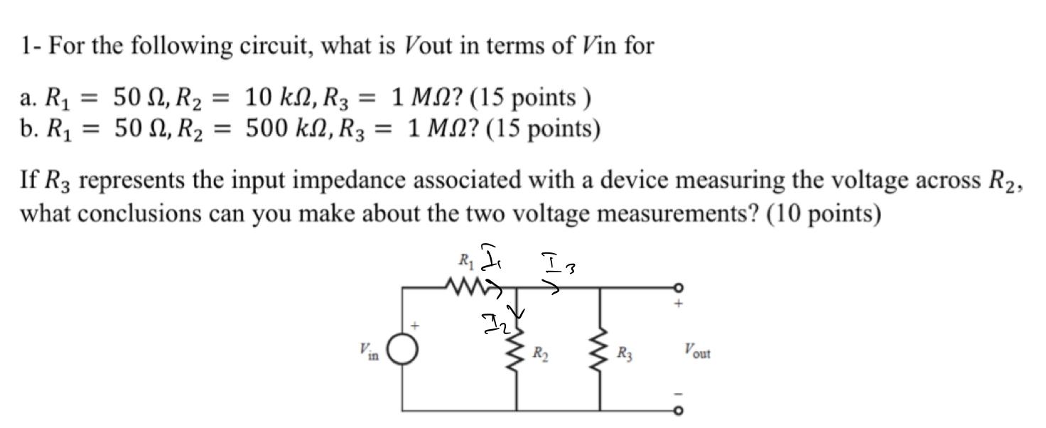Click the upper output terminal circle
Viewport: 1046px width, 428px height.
point(679,287)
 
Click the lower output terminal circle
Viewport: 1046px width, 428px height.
point(679,411)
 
